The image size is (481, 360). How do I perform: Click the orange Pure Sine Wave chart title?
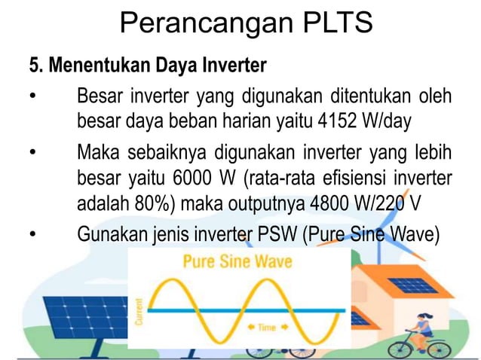click(237, 264)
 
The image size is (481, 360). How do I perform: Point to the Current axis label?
click(139, 310)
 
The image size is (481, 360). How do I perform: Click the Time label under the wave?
click(267, 328)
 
